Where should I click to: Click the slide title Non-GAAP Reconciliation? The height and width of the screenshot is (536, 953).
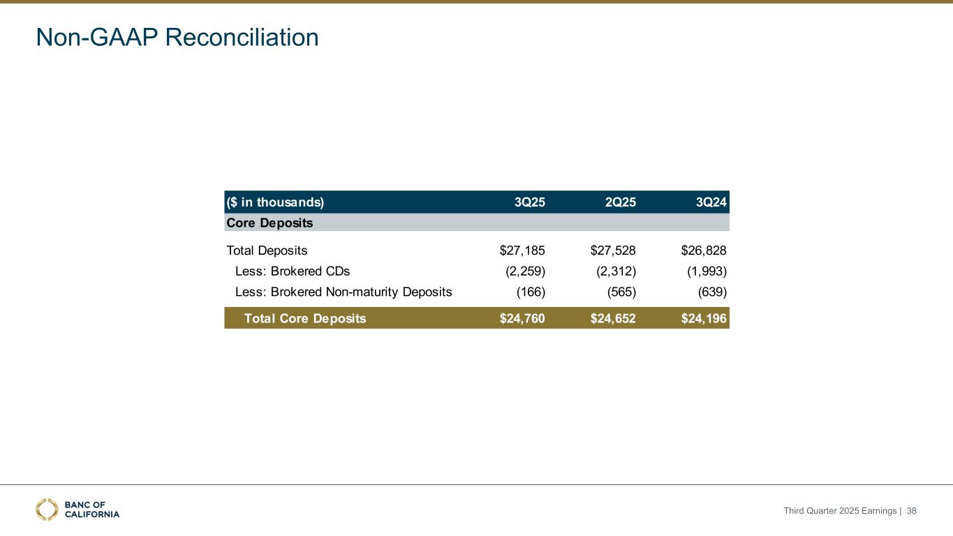pyautogui.click(x=177, y=38)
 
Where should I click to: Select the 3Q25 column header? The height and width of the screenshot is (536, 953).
pyautogui.click(x=529, y=203)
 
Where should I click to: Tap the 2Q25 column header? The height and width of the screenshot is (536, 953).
pyautogui.click(x=620, y=203)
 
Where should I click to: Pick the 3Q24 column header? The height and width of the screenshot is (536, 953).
pyautogui.click(x=711, y=203)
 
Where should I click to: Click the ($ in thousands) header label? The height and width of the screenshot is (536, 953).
pyautogui.click(x=275, y=203)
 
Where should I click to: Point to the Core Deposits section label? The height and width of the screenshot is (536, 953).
pyautogui.click(x=269, y=223)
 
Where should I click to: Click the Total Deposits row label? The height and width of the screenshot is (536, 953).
pyautogui.click(x=267, y=251)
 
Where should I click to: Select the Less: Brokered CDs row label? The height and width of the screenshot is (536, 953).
pyautogui.click(x=293, y=271)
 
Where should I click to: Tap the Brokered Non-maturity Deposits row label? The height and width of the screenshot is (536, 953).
pyautogui.click(x=343, y=292)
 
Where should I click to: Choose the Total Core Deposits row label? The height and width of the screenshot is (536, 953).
pyautogui.click(x=304, y=319)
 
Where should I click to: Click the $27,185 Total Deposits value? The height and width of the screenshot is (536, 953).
pyautogui.click(x=522, y=251)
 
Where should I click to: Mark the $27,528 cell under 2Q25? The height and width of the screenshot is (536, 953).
pyautogui.click(x=613, y=251)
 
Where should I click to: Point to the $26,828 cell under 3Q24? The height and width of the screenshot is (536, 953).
pyautogui.click(x=704, y=251)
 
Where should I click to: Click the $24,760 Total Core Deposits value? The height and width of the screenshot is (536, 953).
pyautogui.click(x=522, y=319)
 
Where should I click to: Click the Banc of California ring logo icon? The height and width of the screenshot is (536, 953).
pyautogui.click(x=47, y=509)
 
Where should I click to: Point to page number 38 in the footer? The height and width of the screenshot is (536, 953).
pyautogui.click(x=911, y=511)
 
